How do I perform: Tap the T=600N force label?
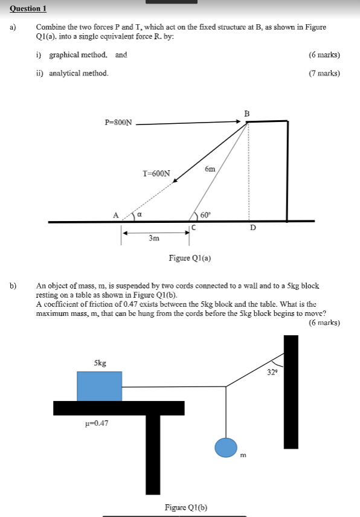[156, 173]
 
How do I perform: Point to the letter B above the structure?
[246, 113]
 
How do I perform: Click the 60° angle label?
[205, 214]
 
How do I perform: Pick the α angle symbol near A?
[140, 214]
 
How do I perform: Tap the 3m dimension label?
[154, 239]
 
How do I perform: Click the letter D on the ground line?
[253, 228]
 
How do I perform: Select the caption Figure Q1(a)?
[190, 258]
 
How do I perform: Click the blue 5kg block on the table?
[99, 386]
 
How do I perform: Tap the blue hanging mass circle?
[227, 448]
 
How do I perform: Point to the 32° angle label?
[272, 372]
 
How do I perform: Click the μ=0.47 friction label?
[97, 423]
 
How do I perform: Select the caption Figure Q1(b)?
[186, 508]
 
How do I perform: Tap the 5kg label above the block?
[100, 363]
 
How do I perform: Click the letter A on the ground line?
[115, 214]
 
